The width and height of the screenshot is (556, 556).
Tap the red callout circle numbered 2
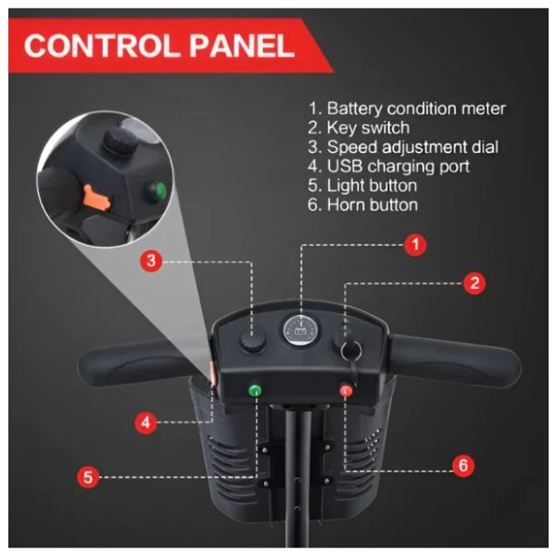[x=474, y=284]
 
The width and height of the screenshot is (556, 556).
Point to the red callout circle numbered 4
[x=145, y=423]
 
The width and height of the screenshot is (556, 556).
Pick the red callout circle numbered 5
[x=88, y=477]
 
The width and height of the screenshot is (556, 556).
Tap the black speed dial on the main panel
[x=251, y=342]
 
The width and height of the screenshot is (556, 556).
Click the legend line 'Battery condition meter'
[x=408, y=108]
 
